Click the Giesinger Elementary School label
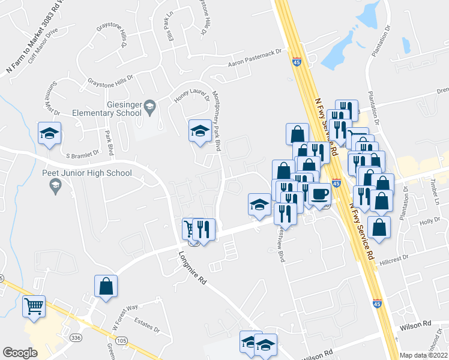tap(106, 108)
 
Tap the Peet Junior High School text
tap(87, 173)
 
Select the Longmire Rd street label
tap(193, 270)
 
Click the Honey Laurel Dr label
tap(189, 92)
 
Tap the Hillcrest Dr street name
tap(393, 256)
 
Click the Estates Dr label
tap(147, 325)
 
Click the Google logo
tap(20, 352)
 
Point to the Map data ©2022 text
tap(423, 355)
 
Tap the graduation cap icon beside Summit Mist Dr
tap(49, 133)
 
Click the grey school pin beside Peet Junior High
tap(55, 188)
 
